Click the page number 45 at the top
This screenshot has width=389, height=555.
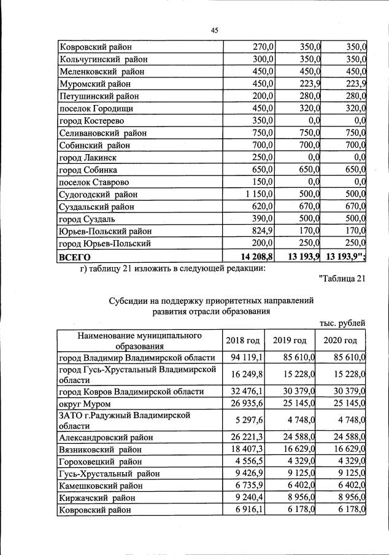[x=215, y=30]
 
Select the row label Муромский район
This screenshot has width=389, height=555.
[x=94, y=84]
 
